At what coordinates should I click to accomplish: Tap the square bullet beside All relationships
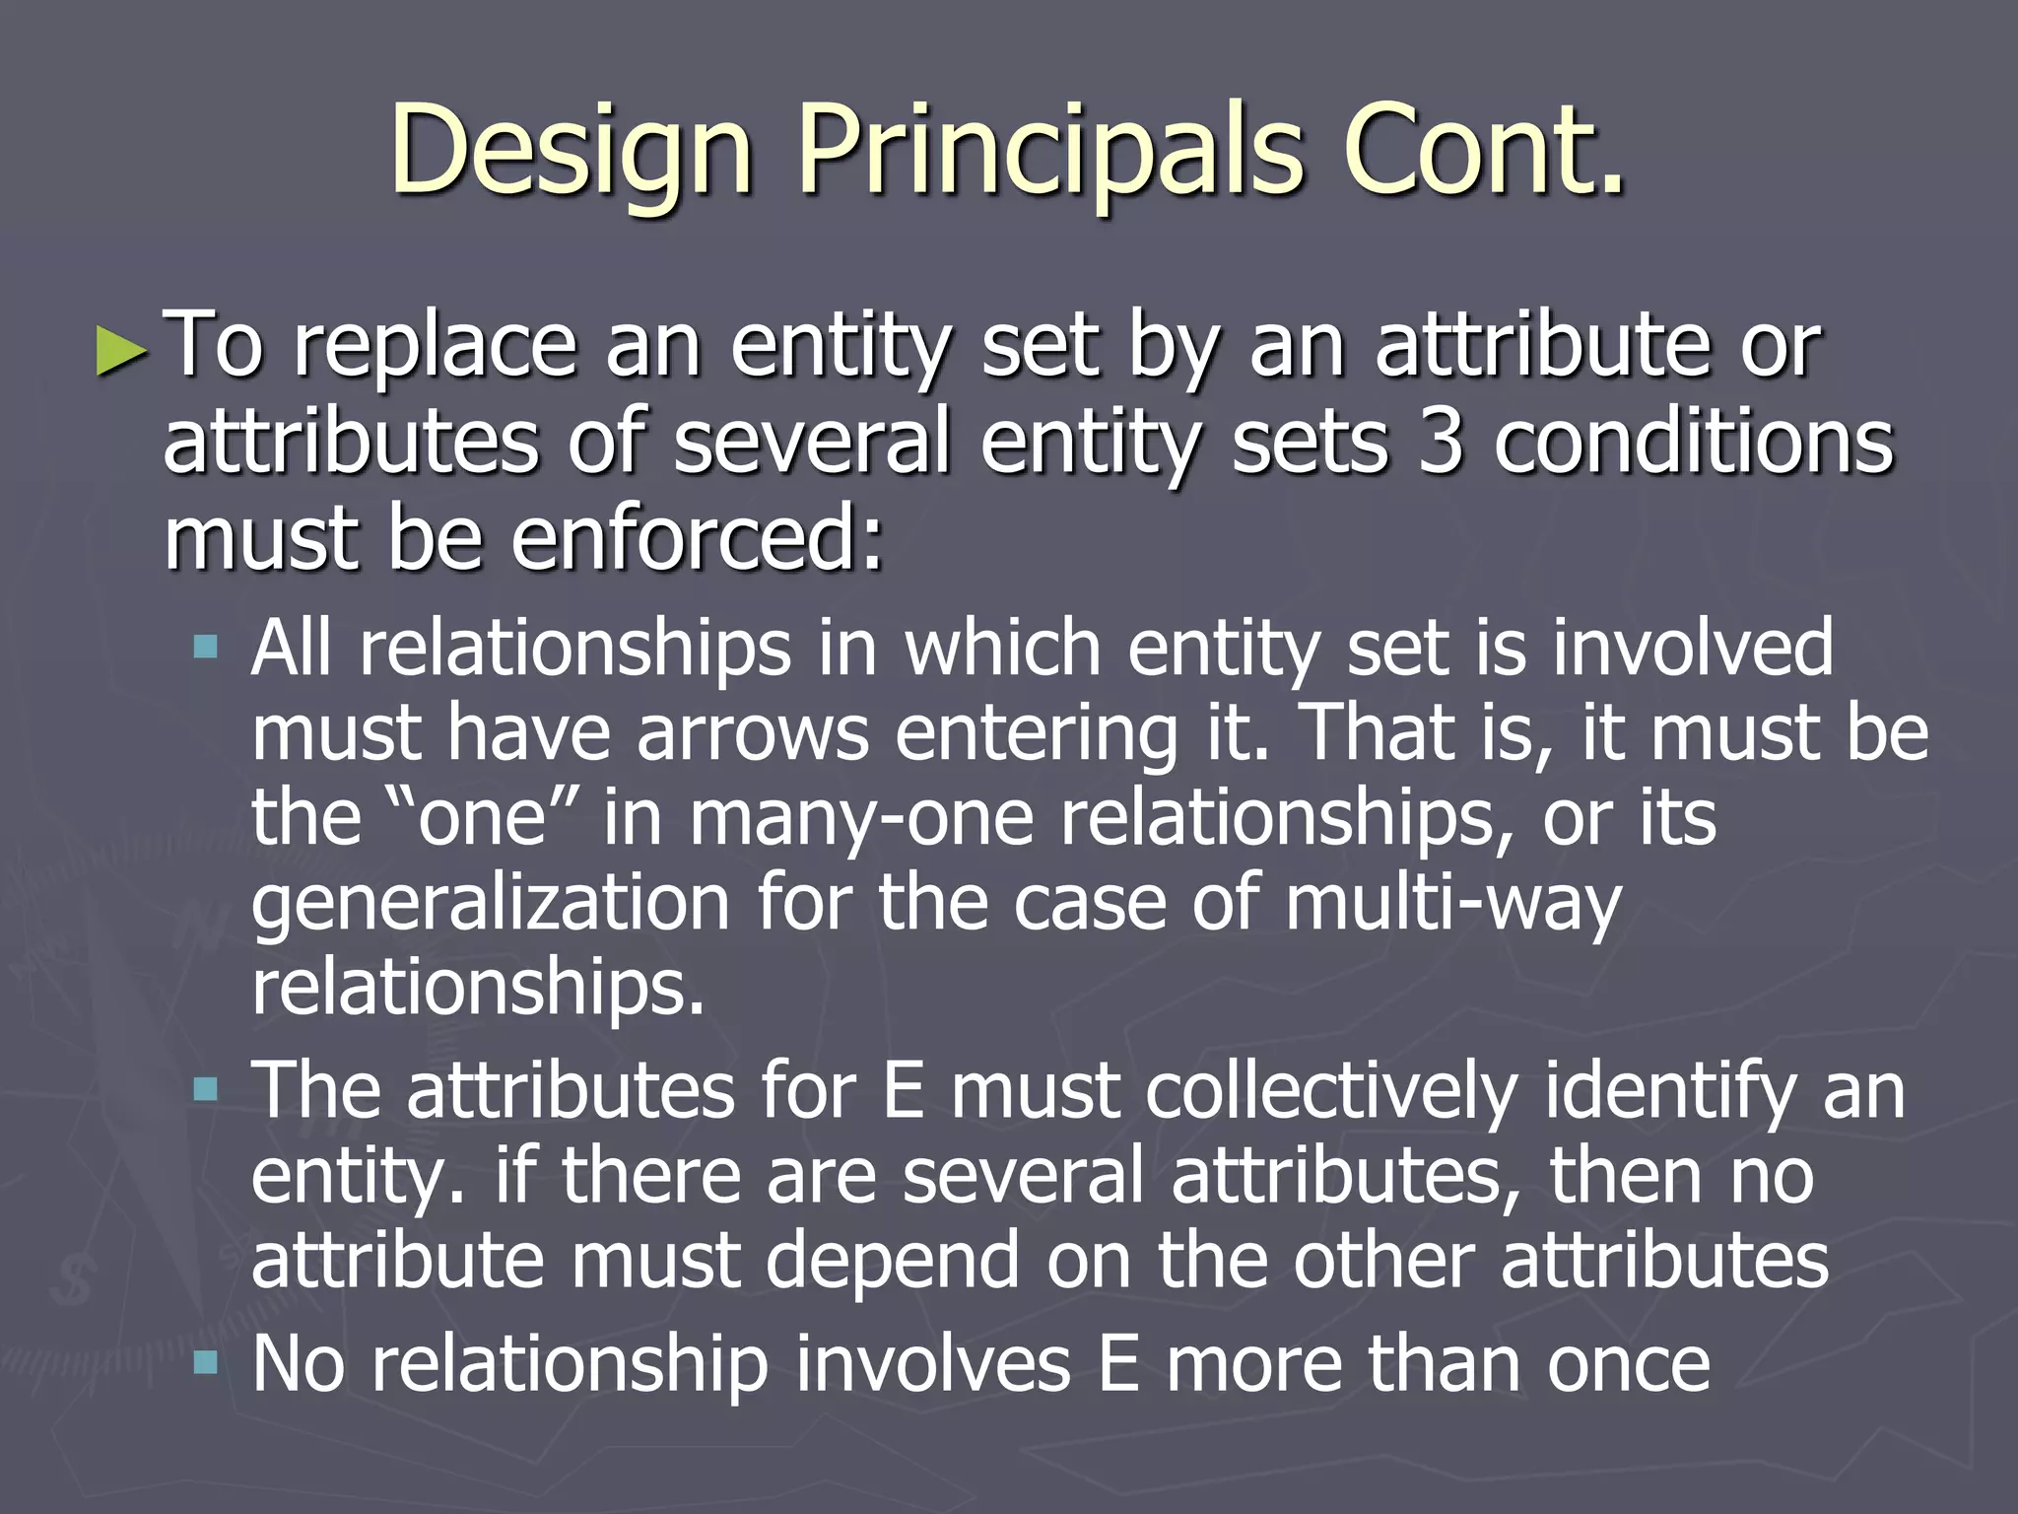(x=206, y=648)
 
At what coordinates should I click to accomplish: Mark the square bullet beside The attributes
(x=206, y=1089)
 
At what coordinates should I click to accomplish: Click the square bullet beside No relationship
(x=206, y=1363)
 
